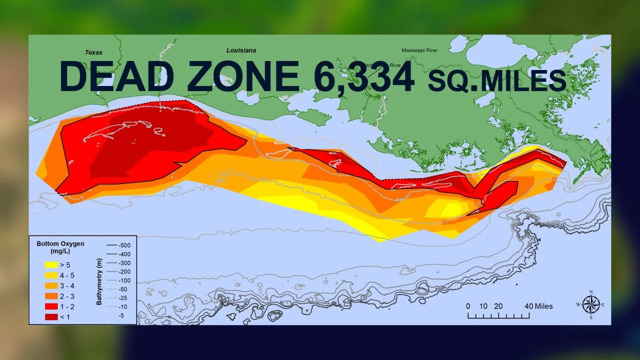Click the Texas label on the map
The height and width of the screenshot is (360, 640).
click(93, 52)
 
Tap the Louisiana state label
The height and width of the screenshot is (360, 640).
click(241, 50)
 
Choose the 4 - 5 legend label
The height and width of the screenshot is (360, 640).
click(66, 275)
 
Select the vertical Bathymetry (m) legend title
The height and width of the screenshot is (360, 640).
click(99, 280)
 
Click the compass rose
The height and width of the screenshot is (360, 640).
click(591, 304)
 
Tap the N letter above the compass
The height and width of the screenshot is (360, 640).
click(591, 291)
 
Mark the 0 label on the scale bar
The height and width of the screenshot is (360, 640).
click(468, 306)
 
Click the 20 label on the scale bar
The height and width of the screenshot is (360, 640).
click(498, 306)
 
